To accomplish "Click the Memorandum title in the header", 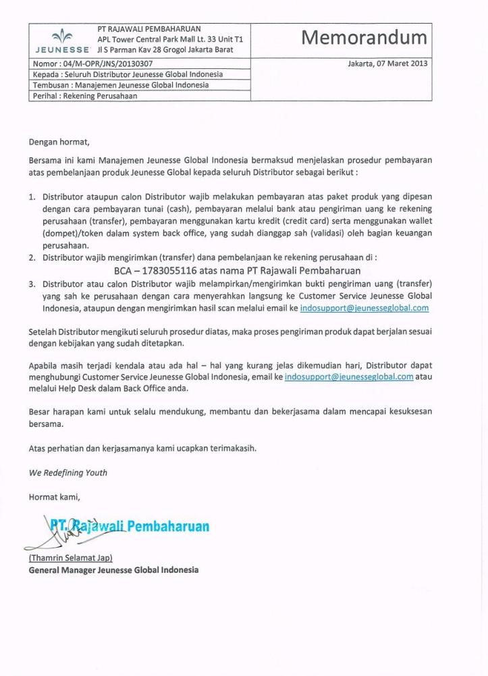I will point(364,38).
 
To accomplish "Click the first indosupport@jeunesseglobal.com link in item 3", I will point(364,307).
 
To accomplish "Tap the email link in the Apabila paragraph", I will point(348,378).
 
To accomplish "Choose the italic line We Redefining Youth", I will point(67,473).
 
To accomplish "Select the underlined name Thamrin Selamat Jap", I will point(70,558).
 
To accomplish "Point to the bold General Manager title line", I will point(113,570).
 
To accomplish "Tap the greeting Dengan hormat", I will point(59,142).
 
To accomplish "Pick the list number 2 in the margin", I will point(32,258).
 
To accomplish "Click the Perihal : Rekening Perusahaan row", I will point(84,97).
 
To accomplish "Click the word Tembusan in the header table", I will point(51,86).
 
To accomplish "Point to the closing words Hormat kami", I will point(54,498).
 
